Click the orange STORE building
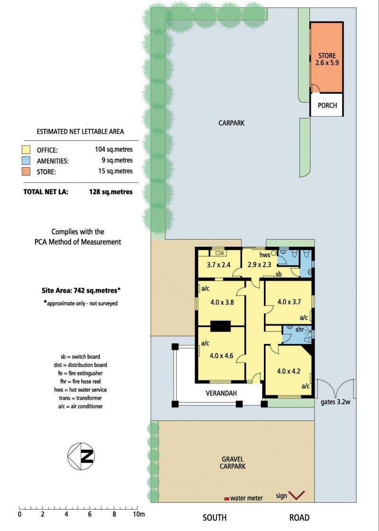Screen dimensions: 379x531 point(327,58)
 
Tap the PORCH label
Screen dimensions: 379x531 point(327,105)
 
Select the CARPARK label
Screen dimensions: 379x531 point(231,123)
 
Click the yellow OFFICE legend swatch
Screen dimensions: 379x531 point(26,150)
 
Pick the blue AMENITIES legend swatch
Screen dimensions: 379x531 point(26,161)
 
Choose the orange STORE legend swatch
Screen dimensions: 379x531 point(26,171)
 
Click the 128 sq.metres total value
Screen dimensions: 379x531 point(111,192)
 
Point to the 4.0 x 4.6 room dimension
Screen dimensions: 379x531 point(222,356)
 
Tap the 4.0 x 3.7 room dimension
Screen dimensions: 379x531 point(289,302)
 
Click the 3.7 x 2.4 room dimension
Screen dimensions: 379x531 point(219,265)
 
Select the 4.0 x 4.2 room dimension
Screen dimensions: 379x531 point(289,371)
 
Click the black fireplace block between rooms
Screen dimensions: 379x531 point(220,326)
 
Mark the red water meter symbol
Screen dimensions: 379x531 point(226,499)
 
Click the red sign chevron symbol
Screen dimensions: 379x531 point(297,495)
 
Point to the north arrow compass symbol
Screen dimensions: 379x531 point(81,456)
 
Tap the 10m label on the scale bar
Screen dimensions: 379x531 point(139,514)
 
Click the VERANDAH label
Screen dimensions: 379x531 point(221,393)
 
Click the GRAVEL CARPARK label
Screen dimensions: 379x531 point(233,463)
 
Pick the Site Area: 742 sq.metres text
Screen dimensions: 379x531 point(81,290)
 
